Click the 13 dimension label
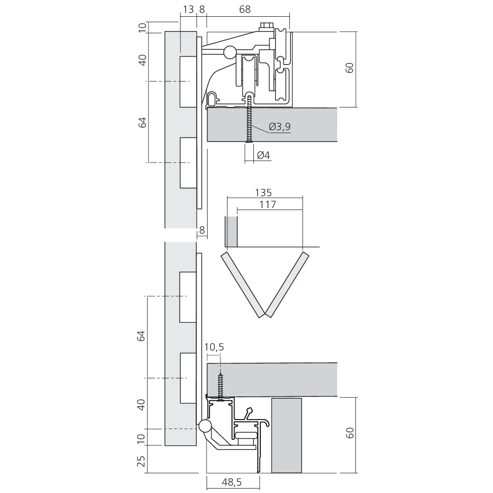tap(188, 9)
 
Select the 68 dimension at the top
tap(245, 9)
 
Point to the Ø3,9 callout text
tap(280, 127)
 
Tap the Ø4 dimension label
tap(263, 155)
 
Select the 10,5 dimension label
tap(214, 347)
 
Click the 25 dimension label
tap(141, 462)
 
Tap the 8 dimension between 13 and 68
tap(202, 9)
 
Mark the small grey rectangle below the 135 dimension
tap(231, 232)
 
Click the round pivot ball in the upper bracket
tap(229, 51)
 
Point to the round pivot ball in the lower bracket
tap(205, 426)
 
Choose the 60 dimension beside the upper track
tap(350, 68)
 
